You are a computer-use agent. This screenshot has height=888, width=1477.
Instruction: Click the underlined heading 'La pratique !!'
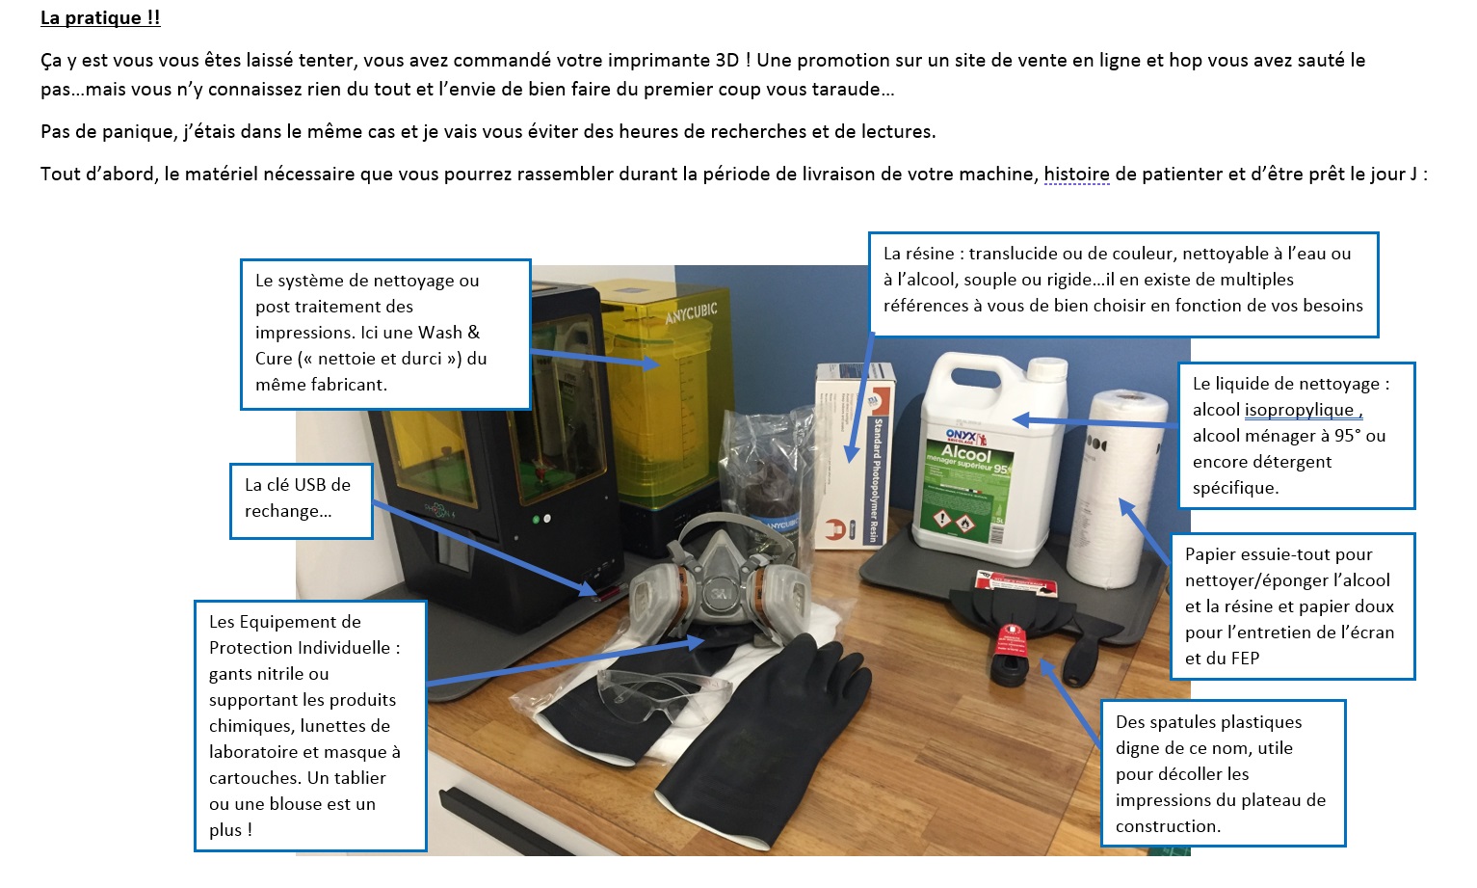pyautogui.click(x=100, y=17)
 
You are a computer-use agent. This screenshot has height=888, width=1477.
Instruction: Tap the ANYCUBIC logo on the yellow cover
pyautogui.click(x=691, y=312)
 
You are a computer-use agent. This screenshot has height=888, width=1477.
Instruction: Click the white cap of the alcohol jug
pyautogui.click(x=1047, y=368)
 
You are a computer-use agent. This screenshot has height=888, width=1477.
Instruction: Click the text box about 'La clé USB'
pyautogui.click(x=302, y=500)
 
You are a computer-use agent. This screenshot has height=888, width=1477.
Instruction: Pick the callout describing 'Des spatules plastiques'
pyautogui.click(x=1224, y=773)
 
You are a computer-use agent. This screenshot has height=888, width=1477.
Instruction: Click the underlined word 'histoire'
pyautogui.click(x=1077, y=175)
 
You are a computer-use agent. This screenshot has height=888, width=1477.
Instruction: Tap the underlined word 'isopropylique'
pyautogui.click(x=1299, y=410)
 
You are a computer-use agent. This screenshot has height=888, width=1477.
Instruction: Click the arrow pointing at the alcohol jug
pyautogui.click(x=1095, y=421)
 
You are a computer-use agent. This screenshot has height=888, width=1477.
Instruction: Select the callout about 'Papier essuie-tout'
pyautogui.click(x=1292, y=606)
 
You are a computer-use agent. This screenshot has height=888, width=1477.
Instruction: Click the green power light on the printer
pyautogui.click(x=536, y=520)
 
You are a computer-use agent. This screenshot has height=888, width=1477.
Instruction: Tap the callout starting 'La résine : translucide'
pyautogui.click(x=1123, y=284)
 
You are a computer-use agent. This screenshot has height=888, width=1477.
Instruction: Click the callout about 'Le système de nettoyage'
pyautogui.click(x=385, y=335)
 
